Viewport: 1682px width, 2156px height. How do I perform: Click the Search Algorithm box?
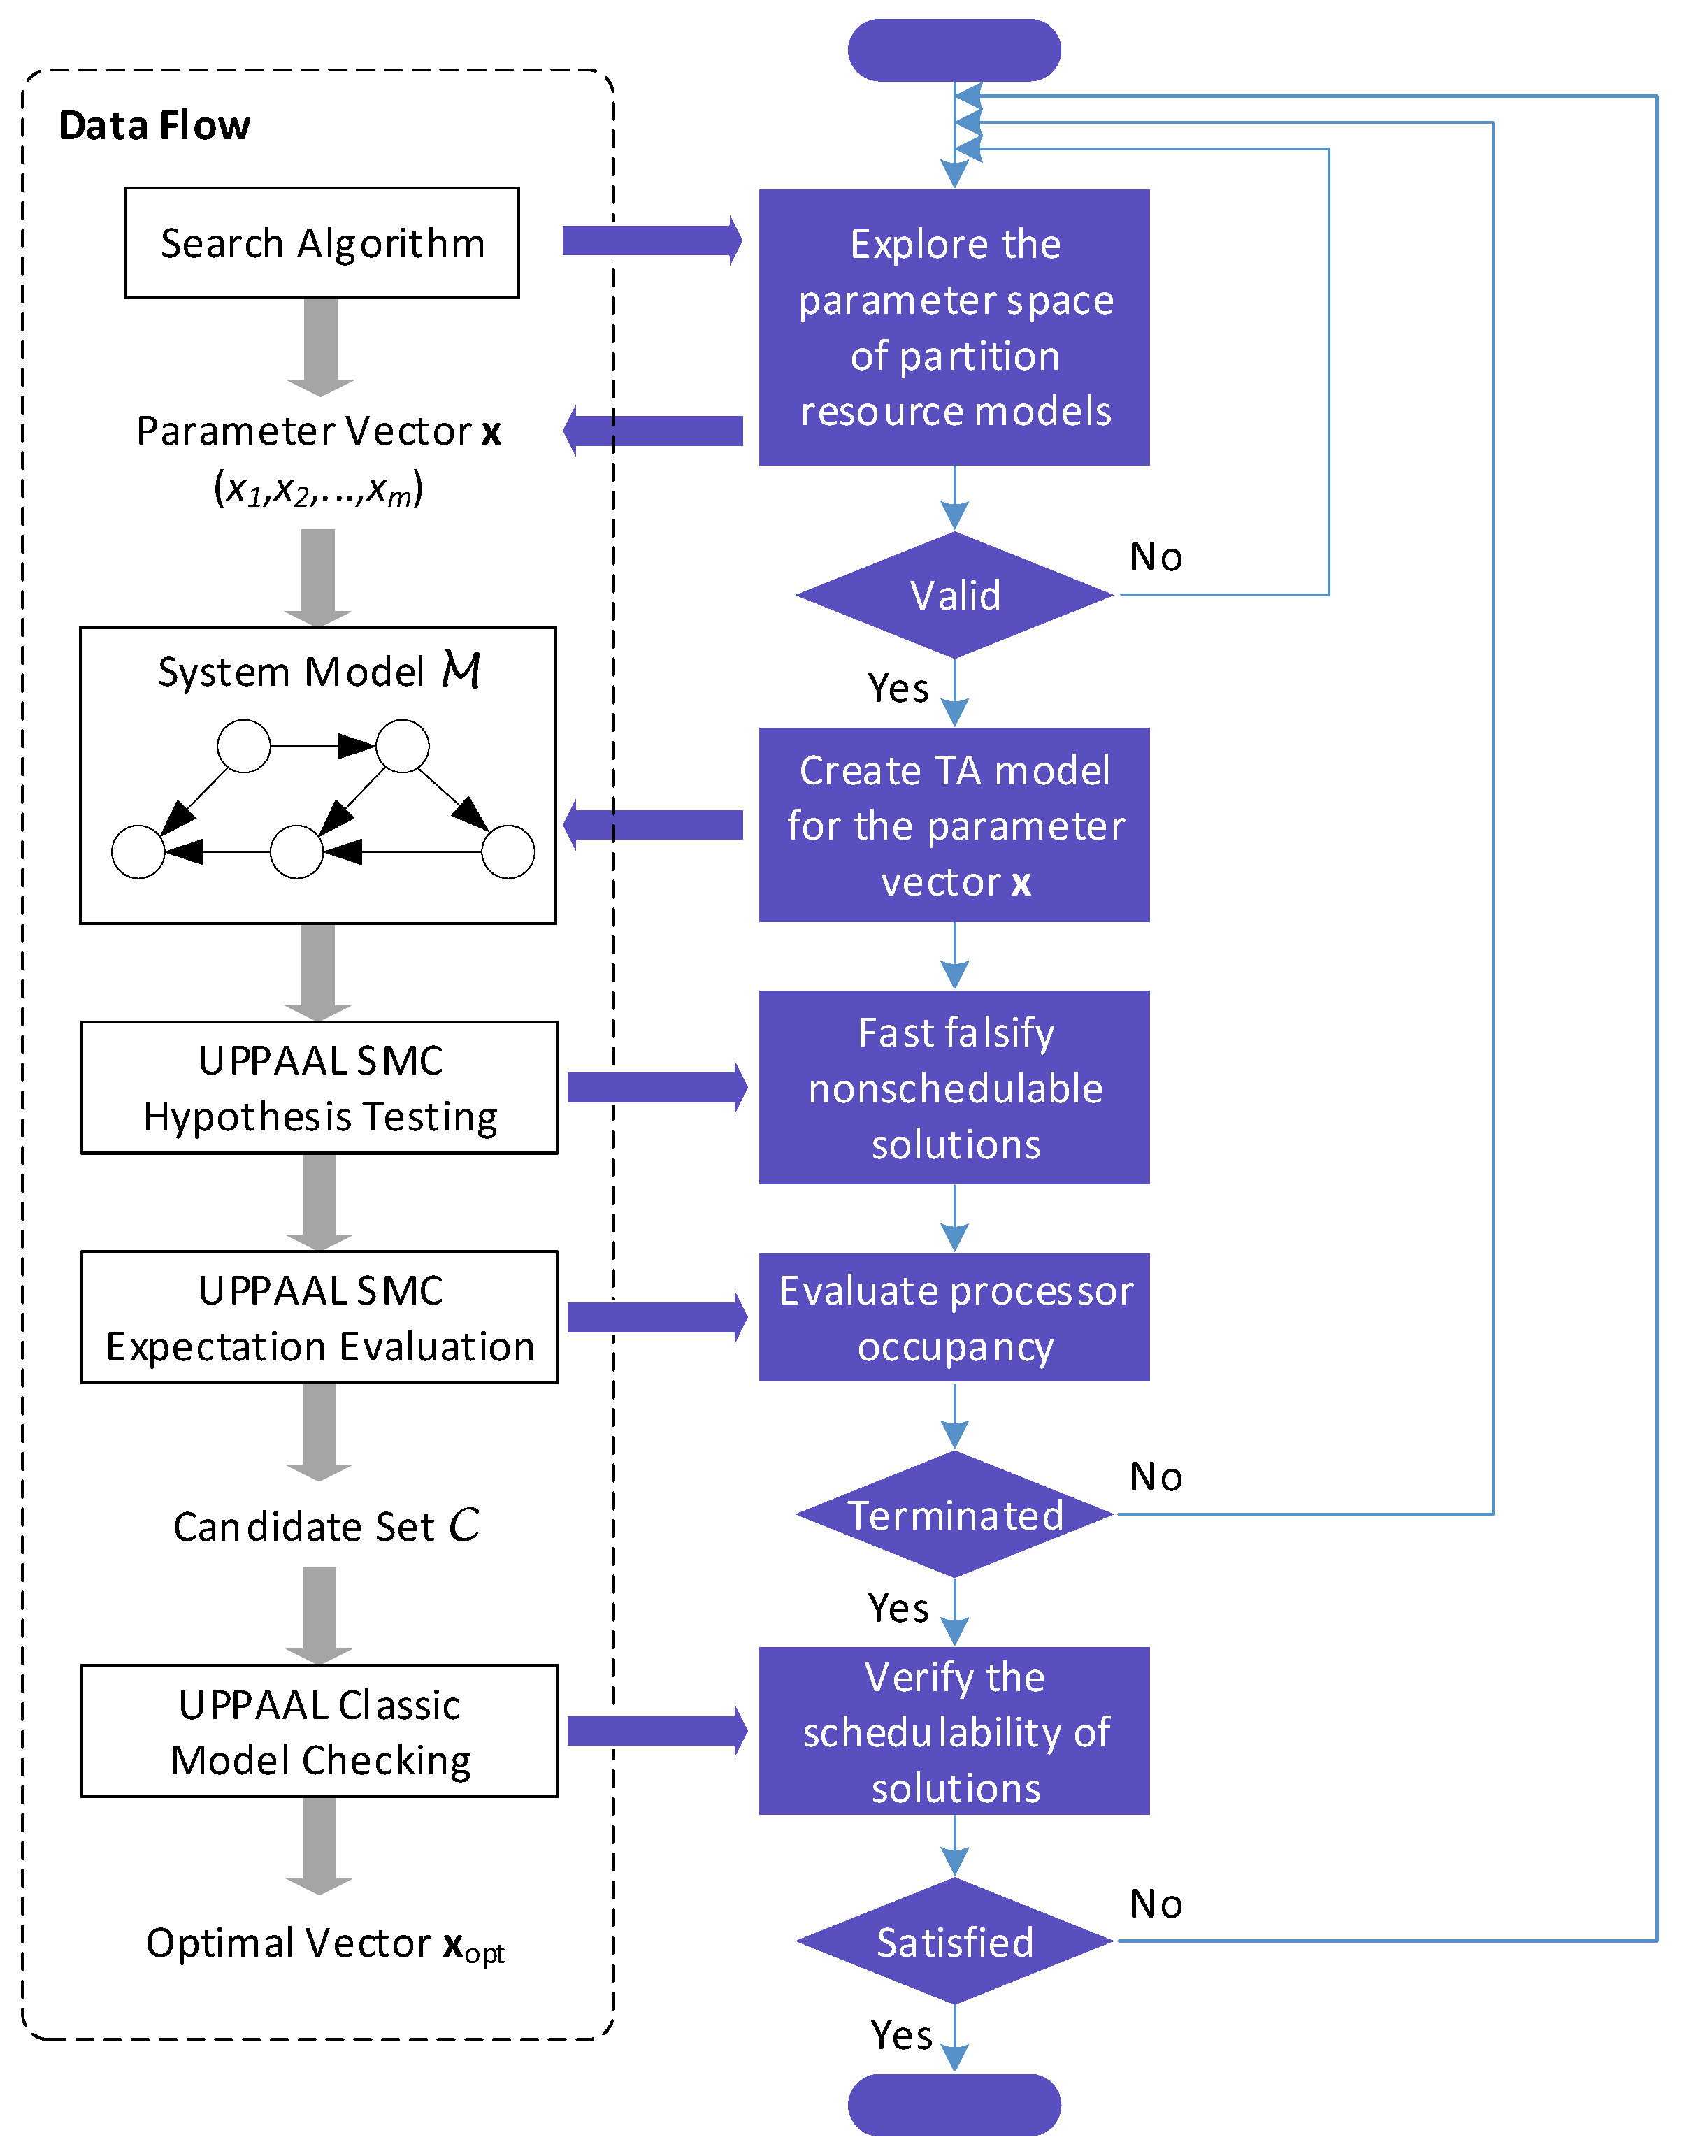(321, 243)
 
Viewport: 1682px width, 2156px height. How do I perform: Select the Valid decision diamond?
(954, 595)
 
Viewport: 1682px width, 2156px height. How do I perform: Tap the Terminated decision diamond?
(954, 1514)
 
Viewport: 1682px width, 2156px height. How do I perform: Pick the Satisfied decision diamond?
(954, 1942)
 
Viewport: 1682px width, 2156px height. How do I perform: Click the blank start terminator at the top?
(954, 50)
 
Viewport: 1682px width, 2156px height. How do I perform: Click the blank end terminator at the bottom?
(954, 2105)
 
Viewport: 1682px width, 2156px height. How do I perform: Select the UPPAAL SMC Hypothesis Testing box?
(319, 1088)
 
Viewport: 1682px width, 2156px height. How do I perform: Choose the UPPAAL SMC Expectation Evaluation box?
(319, 1318)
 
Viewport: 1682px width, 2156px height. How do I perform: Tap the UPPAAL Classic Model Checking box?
(319, 1732)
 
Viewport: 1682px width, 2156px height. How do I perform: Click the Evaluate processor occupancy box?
(954, 1318)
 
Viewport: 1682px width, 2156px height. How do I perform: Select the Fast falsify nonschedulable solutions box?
(954, 1088)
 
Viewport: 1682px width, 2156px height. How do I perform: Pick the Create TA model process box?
(954, 826)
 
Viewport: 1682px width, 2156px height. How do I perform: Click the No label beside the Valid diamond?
(1156, 558)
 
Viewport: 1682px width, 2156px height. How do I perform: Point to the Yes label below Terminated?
(898, 1608)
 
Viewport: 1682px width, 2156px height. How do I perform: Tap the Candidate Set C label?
(326, 1526)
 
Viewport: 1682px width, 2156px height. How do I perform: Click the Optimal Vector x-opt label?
(325, 1943)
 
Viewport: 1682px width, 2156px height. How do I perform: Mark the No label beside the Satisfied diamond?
(1156, 1904)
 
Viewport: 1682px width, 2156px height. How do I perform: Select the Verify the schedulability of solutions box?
(954, 1732)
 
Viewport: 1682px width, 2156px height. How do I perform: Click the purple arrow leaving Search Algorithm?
(652, 241)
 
